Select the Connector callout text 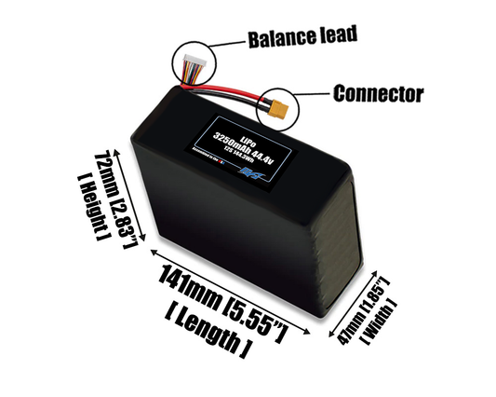pos(378,94)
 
